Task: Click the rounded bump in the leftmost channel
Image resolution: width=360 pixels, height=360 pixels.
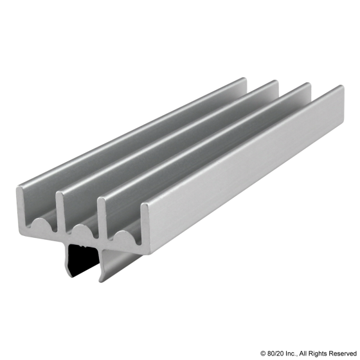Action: (x=39, y=224)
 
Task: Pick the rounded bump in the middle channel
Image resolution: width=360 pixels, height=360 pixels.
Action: (x=80, y=230)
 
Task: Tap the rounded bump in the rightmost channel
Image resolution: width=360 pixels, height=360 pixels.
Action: (x=122, y=237)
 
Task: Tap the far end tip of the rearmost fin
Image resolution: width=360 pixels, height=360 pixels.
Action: (x=245, y=79)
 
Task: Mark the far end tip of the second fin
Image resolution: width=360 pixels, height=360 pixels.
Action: (x=276, y=82)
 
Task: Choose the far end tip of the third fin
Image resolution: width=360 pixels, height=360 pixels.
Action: (x=309, y=84)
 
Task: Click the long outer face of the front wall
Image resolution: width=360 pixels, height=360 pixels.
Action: (x=244, y=180)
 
